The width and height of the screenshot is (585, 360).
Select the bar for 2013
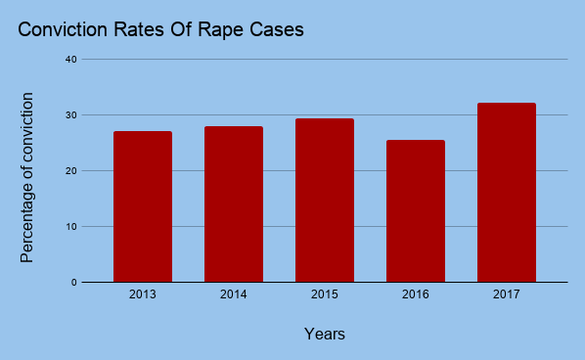[x=143, y=206]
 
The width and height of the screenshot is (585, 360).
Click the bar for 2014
[x=234, y=204]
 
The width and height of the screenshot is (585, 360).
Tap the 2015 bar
[x=325, y=201]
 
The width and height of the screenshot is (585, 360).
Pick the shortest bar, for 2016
[x=416, y=211]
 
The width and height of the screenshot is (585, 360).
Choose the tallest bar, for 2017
[x=507, y=193]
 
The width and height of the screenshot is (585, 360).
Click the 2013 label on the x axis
[x=143, y=293]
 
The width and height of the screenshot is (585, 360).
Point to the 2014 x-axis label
[x=234, y=293]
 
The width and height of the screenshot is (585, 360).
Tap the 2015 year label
[x=325, y=293]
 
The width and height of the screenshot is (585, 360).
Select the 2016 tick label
[x=416, y=293]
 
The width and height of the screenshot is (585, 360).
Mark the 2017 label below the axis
[x=507, y=293]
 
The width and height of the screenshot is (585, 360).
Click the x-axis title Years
[x=324, y=335]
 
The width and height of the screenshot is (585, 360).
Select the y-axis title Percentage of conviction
[x=27, y=177]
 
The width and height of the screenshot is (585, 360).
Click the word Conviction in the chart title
[x=63, y=30]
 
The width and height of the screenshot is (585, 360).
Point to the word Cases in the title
[x=278, y=30]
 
